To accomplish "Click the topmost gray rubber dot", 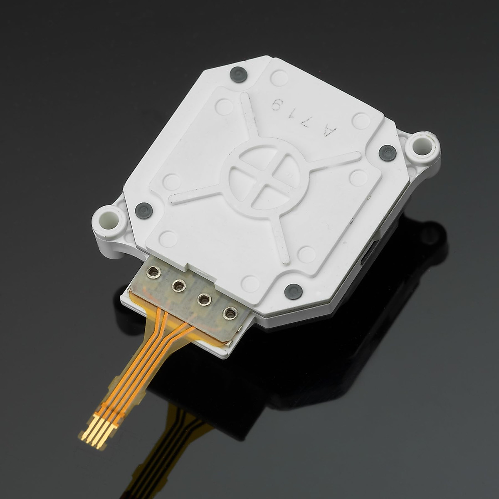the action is (239, 73).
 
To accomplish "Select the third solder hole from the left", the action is (204, 299).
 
